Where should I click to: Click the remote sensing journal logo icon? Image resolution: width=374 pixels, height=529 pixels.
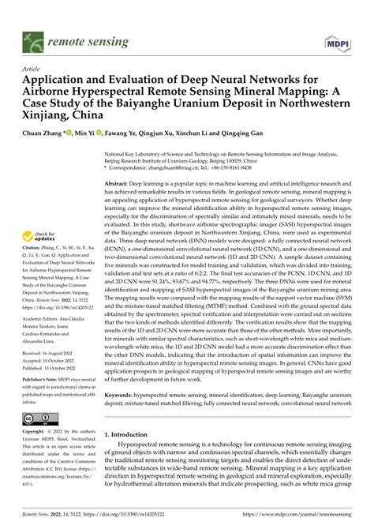coord(35,39)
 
